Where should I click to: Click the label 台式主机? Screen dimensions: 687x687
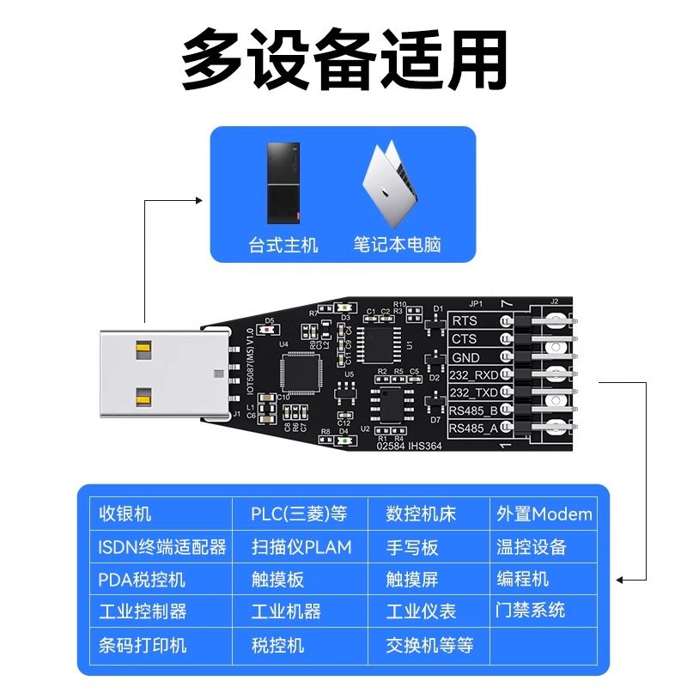(x=283, y=246)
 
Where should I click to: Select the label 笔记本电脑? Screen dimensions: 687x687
(x=397, y=246)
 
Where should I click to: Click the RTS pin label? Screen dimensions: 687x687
(x=464, y=321)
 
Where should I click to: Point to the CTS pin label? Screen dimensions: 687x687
(x=464, y=339)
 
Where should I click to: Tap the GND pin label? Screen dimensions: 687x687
(x=465, y=357)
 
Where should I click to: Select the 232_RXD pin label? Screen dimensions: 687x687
(x=473, y=375)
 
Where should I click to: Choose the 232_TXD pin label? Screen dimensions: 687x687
(x=473, y=392)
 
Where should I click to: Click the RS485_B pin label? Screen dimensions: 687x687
(x=473, y=410)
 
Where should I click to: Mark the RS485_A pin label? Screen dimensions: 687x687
(x=473, y=428)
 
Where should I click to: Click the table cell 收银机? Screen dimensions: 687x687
(x=125, y=514)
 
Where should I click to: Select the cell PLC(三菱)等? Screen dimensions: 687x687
(x=299, y=514)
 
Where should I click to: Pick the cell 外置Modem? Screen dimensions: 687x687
(x=544, y=514)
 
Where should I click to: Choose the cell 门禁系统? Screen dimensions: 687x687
(x=531, y=611)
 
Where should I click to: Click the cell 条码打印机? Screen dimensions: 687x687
(x=143, y=644)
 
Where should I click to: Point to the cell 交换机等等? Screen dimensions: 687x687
(x=429, y=644)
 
